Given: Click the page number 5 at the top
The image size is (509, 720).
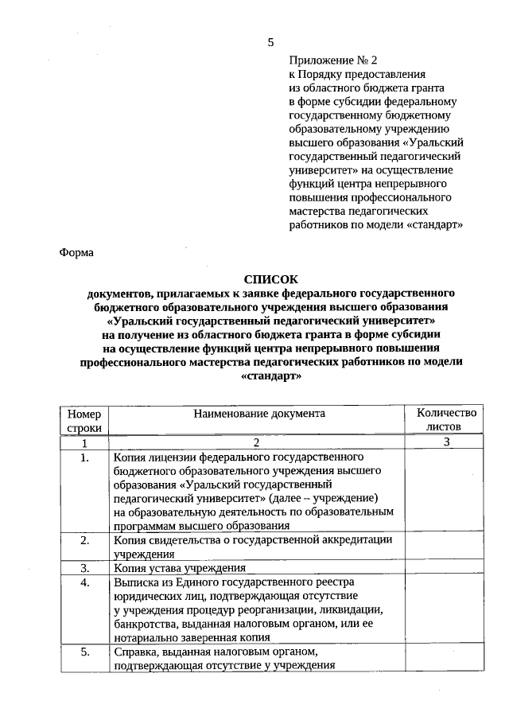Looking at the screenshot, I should [270, 41].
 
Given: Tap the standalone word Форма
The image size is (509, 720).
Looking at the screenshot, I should [77, 252].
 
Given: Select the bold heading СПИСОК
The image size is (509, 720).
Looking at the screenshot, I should [270, 278].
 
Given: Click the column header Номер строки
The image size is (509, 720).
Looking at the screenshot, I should [84, 420].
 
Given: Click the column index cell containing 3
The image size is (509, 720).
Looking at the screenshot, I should [446, 442].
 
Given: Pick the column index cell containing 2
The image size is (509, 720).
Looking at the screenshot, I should [256, 442].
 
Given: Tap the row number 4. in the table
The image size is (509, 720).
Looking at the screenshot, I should [85, 583].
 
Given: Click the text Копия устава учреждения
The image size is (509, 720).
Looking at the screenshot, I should [179, 568].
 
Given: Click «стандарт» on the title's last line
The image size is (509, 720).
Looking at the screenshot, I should [270, 376].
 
